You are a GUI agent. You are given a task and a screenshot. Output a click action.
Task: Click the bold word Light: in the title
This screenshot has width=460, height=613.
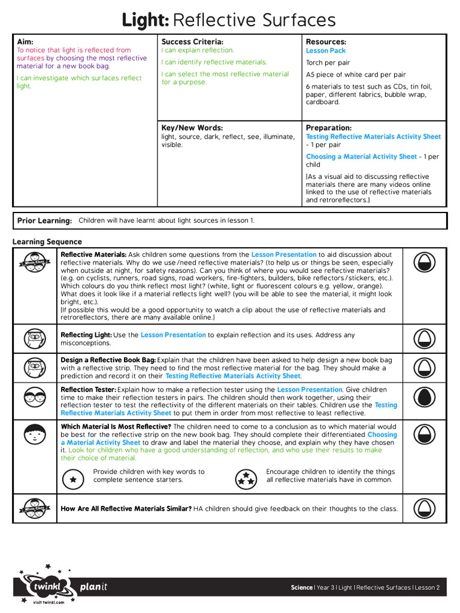[x=146, y=20]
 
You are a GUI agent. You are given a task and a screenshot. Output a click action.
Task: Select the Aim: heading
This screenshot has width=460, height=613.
[x=25, y=42]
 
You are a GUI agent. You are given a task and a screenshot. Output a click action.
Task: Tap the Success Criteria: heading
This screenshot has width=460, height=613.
[x=192, y=42]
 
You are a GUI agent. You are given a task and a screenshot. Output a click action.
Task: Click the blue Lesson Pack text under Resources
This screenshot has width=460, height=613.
[x=326, y=51]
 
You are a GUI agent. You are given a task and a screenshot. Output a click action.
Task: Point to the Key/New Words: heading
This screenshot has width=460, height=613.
[x=192, y=128]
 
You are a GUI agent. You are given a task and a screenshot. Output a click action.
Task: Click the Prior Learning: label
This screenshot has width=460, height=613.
[x=45, y=221]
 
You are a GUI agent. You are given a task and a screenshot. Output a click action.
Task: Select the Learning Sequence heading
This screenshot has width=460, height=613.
[x=47, y=242]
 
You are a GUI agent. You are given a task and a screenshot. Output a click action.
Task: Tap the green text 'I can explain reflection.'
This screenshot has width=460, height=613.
[x=198, y=51]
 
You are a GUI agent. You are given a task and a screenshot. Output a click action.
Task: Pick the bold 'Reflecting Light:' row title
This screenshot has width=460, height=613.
[x=86, y=335]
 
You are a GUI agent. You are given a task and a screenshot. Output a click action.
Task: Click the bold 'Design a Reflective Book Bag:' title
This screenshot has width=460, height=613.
[x=108, y=360]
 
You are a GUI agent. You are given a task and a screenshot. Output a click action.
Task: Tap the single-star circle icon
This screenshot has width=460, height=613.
[x=74, y=479]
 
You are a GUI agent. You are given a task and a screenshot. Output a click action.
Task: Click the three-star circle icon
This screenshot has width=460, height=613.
[x=244, y=478]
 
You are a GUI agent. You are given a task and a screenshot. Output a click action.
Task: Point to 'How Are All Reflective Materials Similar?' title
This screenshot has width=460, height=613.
[x=126, y=509]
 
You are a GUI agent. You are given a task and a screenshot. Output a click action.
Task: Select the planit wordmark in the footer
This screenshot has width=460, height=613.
[x=94, y=587]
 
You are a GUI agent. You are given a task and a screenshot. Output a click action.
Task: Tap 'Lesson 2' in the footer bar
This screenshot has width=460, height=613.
[x=428, y=588]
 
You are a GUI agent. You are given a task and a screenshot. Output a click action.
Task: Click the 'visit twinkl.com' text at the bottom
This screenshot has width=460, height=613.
[x=49, y=602]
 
